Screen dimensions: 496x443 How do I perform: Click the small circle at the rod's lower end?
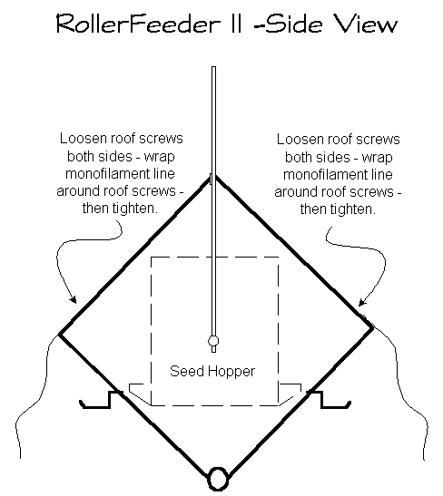coord(213,342)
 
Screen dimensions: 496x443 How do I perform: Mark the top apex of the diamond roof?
coord(214,174)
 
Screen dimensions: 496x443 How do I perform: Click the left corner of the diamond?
coord(60,333)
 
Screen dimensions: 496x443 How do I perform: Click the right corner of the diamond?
coord(370,325)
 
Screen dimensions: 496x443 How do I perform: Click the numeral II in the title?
coord(239,24)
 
